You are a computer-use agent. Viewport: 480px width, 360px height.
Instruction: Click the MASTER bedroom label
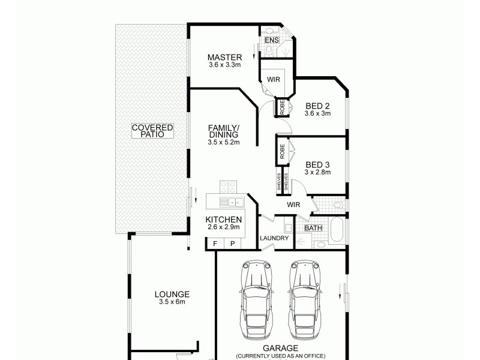point(224,57)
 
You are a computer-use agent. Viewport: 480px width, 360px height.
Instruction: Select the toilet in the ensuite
point(269,31)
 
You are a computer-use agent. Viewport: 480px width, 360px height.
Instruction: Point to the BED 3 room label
point(317,164)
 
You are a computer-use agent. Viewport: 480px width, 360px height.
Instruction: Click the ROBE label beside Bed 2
point(281,107)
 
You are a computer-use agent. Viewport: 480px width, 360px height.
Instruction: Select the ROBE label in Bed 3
point(281,149)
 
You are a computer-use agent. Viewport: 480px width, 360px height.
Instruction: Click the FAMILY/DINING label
point(224,131)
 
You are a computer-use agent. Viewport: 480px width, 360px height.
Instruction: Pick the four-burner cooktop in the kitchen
point(227,187)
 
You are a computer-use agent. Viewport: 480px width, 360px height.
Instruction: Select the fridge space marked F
point(214,244)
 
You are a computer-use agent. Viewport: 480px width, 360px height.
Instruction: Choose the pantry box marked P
point(232,244)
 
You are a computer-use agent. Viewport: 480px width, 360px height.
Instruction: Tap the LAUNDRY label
point(274,238)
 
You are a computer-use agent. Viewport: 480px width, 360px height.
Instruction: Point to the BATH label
point(313,228)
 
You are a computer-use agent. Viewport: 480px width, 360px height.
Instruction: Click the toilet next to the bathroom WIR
point(338,205)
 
